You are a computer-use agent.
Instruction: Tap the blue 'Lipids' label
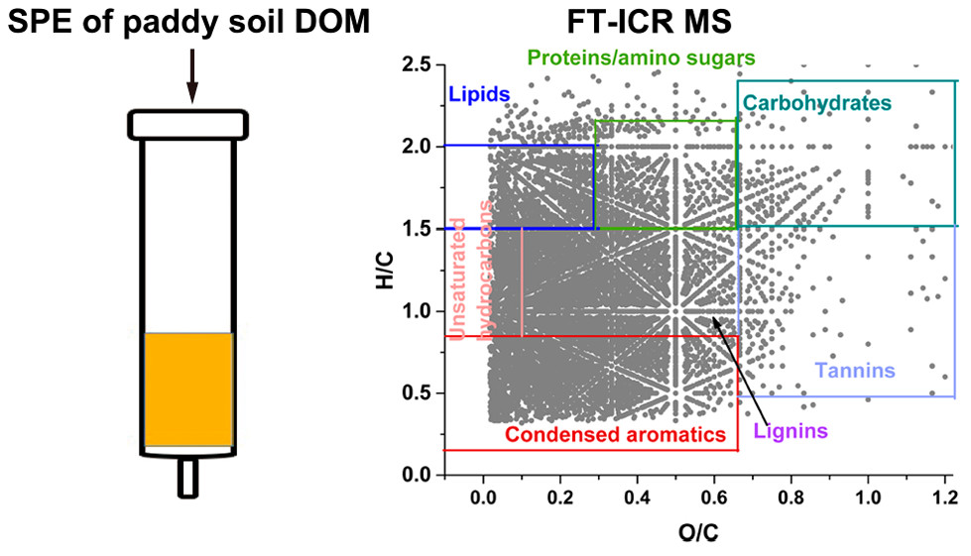coord(479,94)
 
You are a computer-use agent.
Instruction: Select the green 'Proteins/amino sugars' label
coord(642,56)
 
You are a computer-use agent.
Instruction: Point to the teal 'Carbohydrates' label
coord(816,102)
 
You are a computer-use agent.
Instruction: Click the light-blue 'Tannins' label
coord(855,372)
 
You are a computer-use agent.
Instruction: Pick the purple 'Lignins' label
coord(790,431)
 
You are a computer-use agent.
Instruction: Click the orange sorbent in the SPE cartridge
coord(188,389)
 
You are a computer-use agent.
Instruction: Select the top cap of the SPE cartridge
coord(187,124)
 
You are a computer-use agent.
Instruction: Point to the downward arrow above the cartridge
coord(191,75)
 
